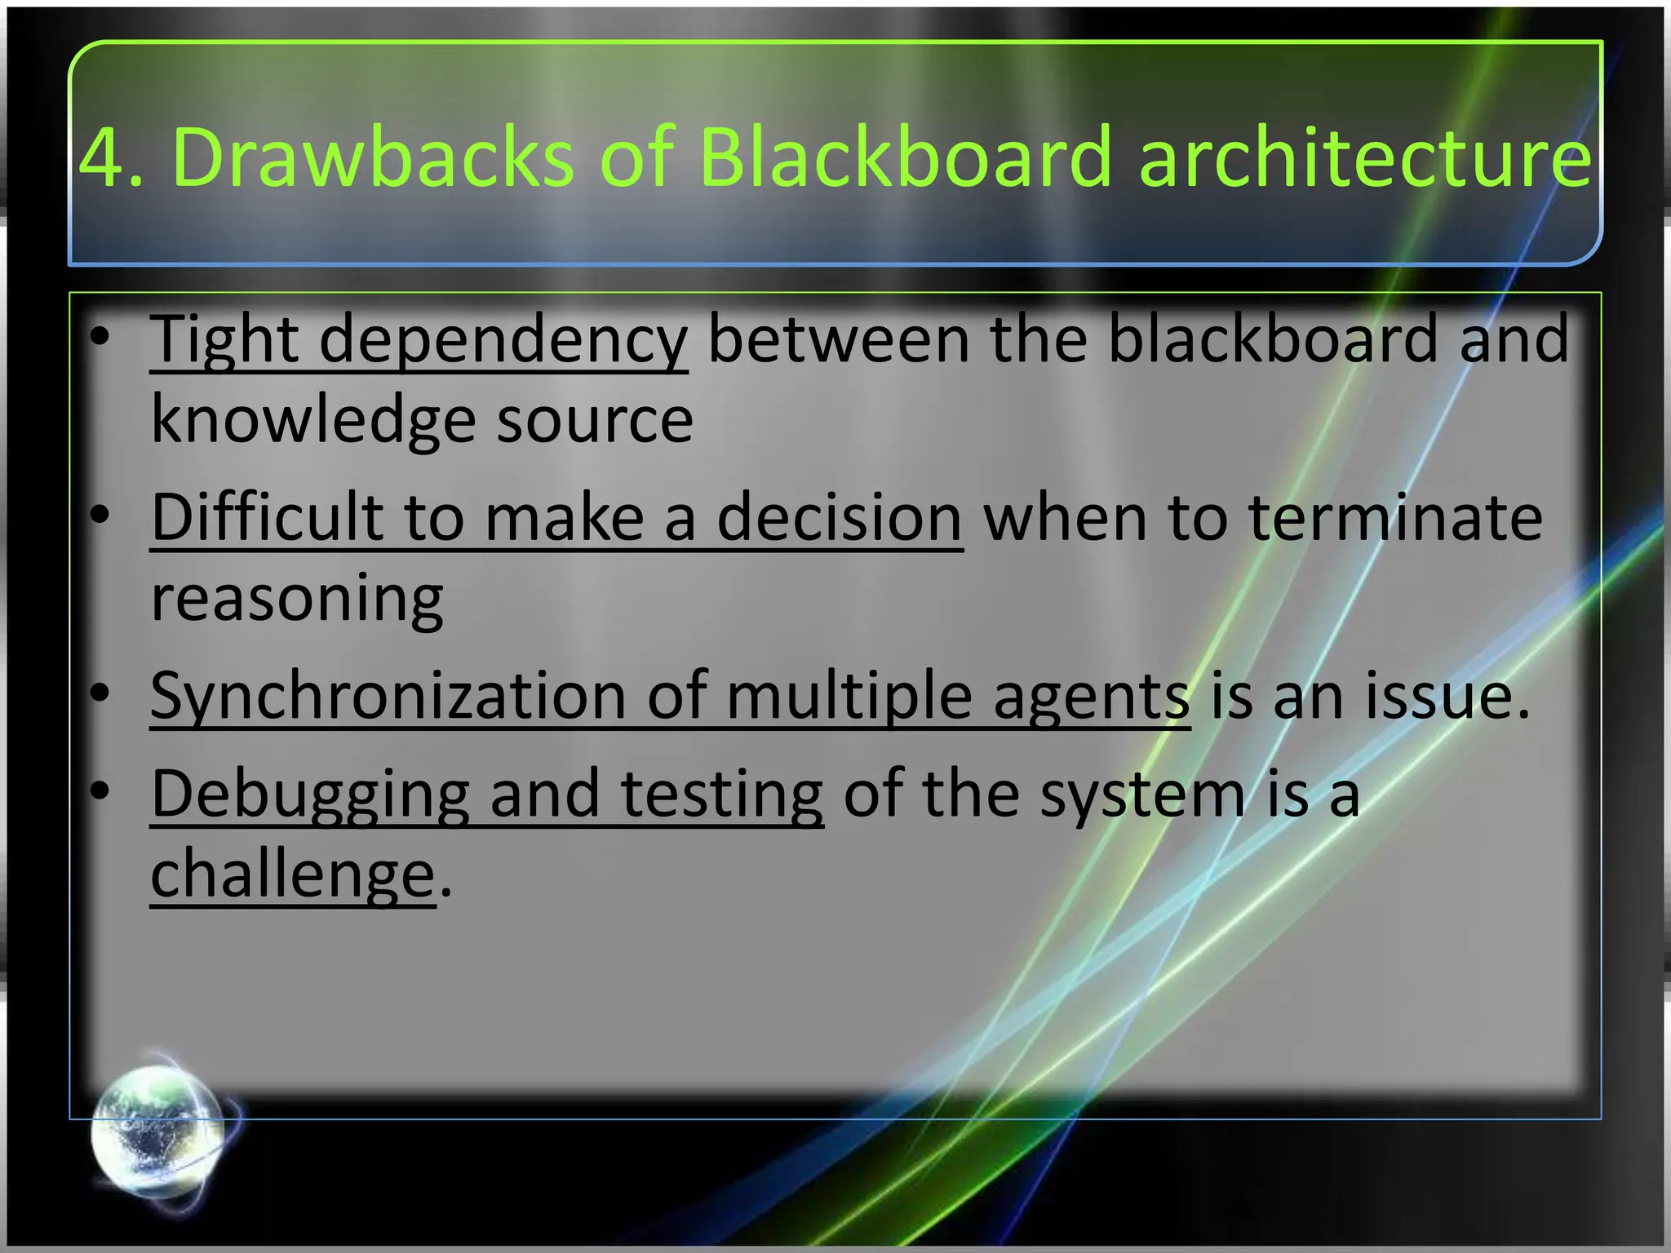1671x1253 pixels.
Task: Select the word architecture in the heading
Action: point(1364,157)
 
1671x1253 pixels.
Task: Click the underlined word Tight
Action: point(224,340)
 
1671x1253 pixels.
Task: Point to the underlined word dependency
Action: point(503,340)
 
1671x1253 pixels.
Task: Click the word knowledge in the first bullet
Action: point(313,420)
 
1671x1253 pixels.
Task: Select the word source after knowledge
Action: point(595,420)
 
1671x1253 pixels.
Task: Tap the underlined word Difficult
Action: point(267,518)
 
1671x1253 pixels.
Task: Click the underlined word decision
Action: point(840,518)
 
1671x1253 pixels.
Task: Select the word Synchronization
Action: point(388,696)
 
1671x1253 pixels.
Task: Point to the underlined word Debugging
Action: point(310,794)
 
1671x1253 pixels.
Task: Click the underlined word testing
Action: point(721,794)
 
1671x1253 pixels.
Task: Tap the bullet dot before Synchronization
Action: point(100,693)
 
